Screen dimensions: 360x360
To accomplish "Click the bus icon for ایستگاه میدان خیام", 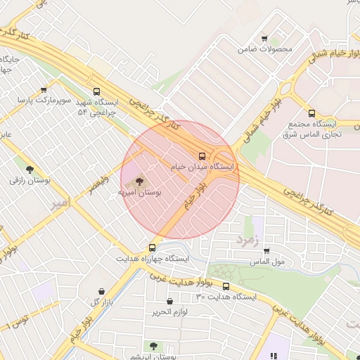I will [x=202, y=156].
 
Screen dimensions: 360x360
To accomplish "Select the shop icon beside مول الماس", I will [x=267, y=251].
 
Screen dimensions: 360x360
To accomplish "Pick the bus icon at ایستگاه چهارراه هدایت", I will [x=152, y=247].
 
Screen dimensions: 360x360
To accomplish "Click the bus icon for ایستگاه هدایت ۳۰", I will [x=226, y=286].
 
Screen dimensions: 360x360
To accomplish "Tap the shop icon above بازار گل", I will [x=103, y=291].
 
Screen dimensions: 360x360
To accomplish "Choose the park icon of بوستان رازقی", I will [x=30, y=169].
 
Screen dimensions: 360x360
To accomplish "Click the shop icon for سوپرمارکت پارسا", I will [x=44, y=90].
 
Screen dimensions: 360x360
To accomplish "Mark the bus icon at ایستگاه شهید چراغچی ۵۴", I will [x=96, y=91].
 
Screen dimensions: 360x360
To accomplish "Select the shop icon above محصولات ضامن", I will [x=264, y=39].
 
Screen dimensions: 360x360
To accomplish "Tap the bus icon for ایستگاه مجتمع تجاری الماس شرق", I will [x=311, y=112].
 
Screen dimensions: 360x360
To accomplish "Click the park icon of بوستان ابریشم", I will [x=153, y=345].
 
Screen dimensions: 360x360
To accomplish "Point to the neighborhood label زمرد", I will [x=247, y=240].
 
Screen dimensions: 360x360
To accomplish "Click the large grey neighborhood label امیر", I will [x=61, y=204].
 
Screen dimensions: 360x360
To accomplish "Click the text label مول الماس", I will [x=267, y=262].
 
